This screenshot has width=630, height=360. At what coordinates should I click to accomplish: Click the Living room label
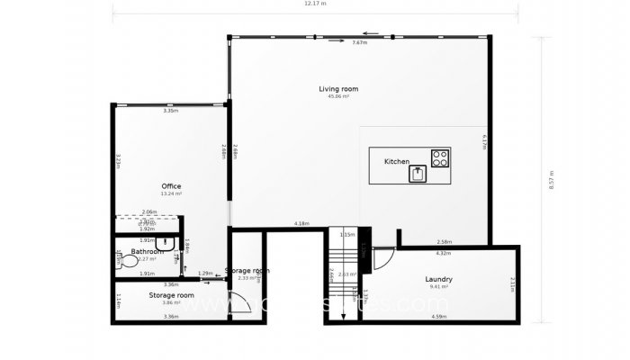point(338,88)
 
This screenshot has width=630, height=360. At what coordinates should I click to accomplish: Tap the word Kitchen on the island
point(397,161)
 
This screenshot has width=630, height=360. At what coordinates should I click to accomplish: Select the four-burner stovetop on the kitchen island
point(440,158)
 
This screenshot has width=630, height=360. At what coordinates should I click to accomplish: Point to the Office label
point(171,186)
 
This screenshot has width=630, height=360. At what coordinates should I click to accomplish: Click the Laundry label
point(439,279)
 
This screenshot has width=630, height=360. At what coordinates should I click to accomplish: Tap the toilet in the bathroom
point(121,260)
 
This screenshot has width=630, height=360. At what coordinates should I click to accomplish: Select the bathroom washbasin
point(166,243)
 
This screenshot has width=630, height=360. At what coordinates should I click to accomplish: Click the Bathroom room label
point(148,251)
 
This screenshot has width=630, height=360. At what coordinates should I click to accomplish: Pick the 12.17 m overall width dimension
point(315,4)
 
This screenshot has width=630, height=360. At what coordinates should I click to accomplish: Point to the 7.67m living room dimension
point(359,42)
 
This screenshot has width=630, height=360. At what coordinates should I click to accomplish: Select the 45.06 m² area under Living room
point(338,96)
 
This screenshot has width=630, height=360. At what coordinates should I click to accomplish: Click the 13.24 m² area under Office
point(171,193)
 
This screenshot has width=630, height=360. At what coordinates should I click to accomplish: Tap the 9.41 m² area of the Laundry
point(439,286)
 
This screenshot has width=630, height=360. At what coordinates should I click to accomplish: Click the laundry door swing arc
point(382,258)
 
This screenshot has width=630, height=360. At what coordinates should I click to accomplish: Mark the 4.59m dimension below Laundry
point(439,316)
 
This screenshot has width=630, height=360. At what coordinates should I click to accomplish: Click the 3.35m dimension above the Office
point(170,111)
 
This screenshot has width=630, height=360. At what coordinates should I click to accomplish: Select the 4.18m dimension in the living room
point(301,223)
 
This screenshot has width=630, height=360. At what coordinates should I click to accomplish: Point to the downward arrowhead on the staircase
point(343,316)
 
